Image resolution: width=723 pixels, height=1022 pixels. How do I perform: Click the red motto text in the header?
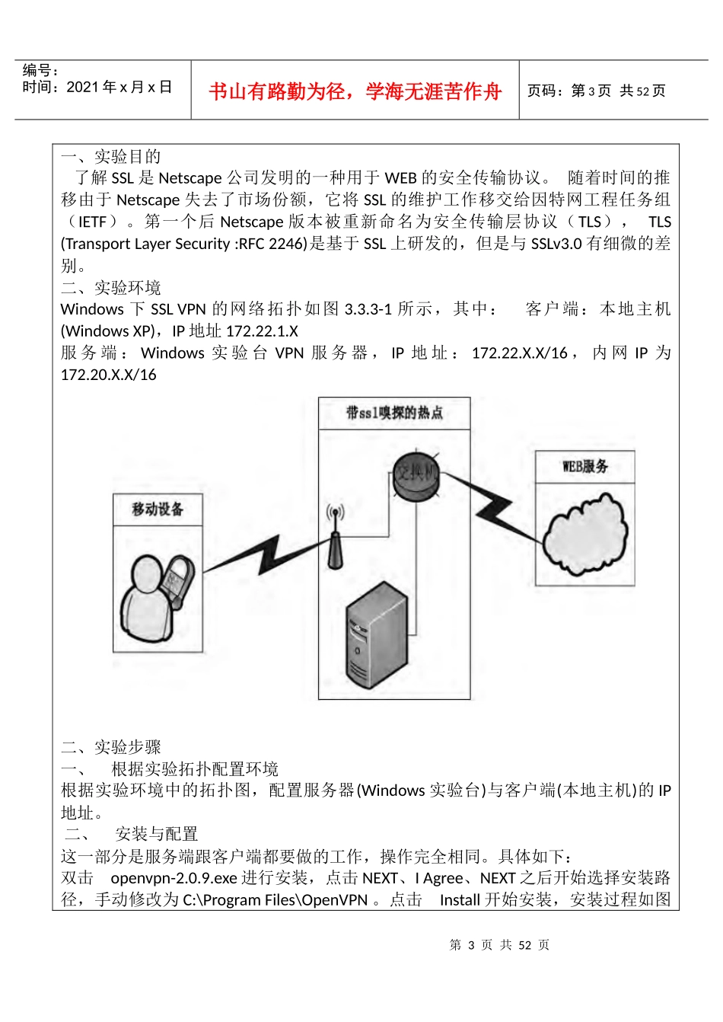[x=355, y=91]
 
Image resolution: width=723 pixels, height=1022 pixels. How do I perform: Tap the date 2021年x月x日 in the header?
[x=119, y=88]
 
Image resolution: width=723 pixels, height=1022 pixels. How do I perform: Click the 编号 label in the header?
[x=40, y=71]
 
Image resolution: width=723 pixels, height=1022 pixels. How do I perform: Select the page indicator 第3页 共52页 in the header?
[x=596, y=91]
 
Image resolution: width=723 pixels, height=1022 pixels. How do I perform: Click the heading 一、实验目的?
[x=111, y=157]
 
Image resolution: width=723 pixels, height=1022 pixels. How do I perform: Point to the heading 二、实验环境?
[x=111, y=288]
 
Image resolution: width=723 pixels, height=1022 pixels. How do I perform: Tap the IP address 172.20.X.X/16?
[x=109, y=375]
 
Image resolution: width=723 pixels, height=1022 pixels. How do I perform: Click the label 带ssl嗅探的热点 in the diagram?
[x=394, y=414]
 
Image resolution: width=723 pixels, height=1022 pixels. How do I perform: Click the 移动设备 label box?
[x=158, y=509]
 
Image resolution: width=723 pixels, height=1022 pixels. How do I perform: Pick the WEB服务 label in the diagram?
[x=584, y=467]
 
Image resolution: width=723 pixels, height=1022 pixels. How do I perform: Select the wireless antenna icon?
[x=335, y=537]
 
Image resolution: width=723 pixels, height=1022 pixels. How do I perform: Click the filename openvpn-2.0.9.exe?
[x=174, y=878]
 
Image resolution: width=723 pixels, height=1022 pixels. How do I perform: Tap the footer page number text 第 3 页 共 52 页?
[x=499, y=945]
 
